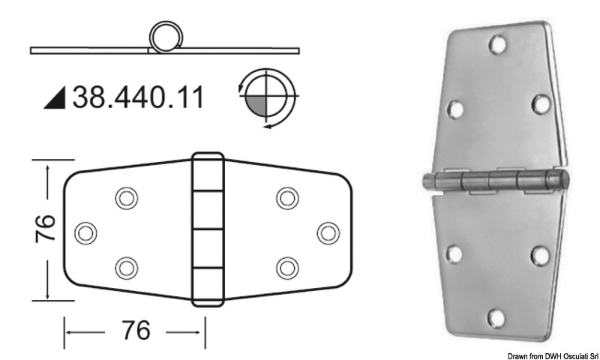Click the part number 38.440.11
pos(138,98)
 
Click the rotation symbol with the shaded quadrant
pos(268,97)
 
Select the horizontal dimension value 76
pos(134,330)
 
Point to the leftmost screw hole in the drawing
pos(87,232)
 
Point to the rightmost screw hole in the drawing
pos(328,232)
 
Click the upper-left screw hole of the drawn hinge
pos(126,198)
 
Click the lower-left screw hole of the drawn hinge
pos(126,267)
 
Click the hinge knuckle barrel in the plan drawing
pos(208,230)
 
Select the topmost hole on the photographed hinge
pos(496,46)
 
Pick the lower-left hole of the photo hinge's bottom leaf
pos(454,255)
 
